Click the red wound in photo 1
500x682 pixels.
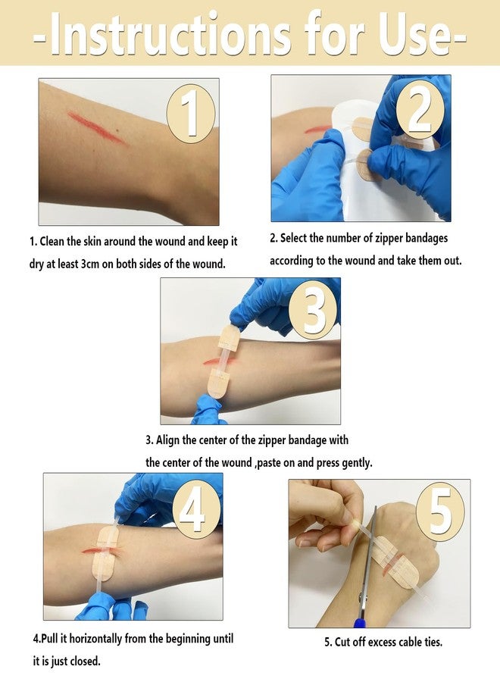[x=97, y=127]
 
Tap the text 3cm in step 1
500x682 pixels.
[x=90, y=264]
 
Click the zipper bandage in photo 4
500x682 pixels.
[x=105, y=553]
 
